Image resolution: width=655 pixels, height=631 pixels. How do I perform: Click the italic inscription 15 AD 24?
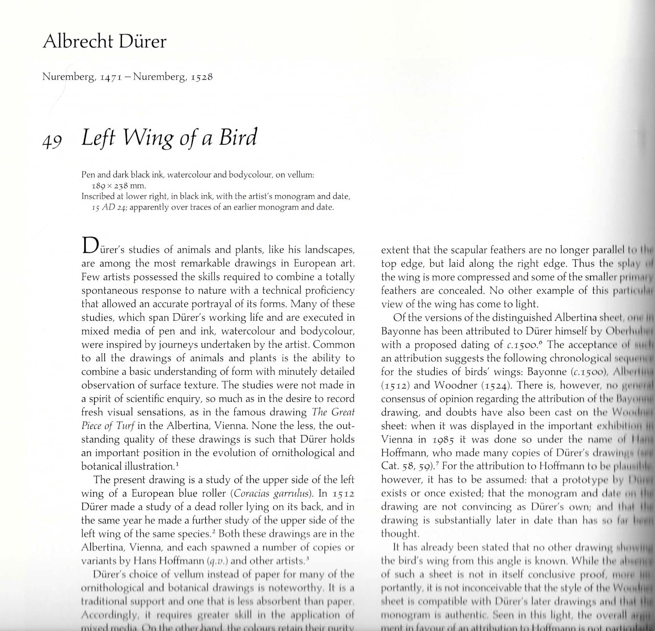coord(109,207)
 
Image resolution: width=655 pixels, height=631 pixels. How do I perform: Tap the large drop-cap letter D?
coord(89,246)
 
